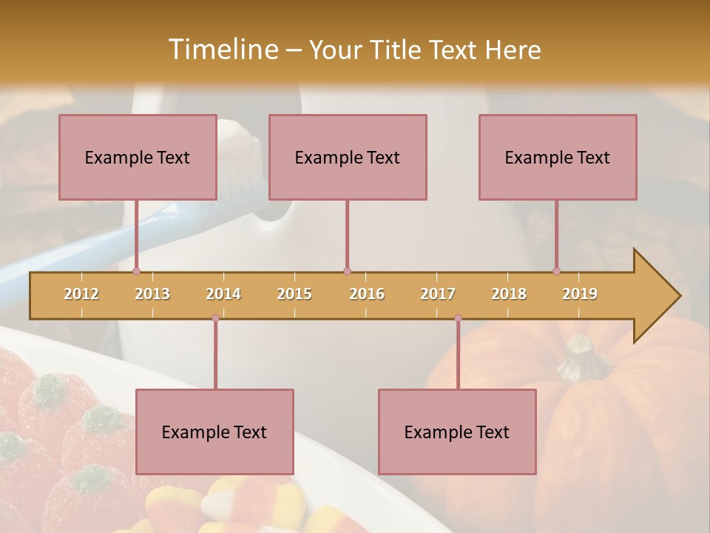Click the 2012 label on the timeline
coord(81,294)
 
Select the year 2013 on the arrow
coord(152,294)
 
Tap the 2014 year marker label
coord(223,294)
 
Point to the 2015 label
coord(294,294)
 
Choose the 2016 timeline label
coord(367,294)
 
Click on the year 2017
coord(438,294)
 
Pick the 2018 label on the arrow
coord(509,294)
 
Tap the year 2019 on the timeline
coord(580,294)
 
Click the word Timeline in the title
coord(222,50)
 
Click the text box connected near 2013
coord(138,157)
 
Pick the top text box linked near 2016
coord(348,157)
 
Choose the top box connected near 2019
coord(558,157)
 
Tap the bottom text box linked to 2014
coord(214,432)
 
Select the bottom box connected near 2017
coord(457,432)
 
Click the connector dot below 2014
coord(215,318)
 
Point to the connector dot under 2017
coord(458,318)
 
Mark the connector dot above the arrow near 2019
coord(556,271)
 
